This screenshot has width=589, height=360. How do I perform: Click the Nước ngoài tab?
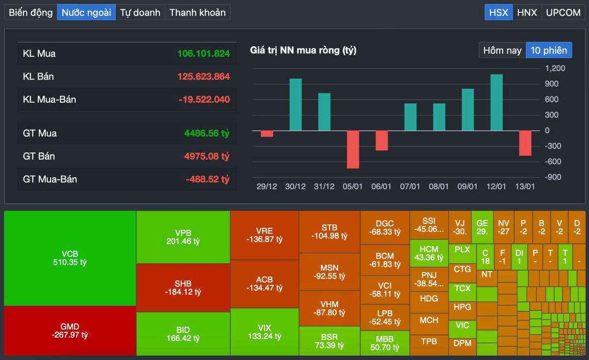pos(86,12)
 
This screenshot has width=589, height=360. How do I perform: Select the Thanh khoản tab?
pos(197,12)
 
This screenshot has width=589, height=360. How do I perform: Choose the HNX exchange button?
pos(527,12)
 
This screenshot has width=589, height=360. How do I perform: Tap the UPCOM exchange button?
pos(563,12)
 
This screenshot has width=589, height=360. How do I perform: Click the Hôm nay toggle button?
pos(502,50)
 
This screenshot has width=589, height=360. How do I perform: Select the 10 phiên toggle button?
pos(549,50)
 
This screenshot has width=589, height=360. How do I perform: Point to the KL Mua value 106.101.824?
pos(204,54)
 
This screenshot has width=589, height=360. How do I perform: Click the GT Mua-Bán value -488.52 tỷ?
pos(208,179)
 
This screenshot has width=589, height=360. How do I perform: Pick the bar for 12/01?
pos(497,102)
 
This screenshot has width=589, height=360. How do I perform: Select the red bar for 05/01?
pos(353,149)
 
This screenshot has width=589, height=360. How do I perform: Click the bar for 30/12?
pos(295,105)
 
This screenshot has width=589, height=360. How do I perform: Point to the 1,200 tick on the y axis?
pos(555,68)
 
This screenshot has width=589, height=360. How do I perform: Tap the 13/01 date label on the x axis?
pos(525,187)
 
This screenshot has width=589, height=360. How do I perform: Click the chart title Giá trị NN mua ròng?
pos(303,50)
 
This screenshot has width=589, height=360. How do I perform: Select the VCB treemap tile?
pos(70,258)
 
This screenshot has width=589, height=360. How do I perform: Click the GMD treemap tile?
pos(70,331)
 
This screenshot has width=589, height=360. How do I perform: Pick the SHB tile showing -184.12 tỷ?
pos(183,288)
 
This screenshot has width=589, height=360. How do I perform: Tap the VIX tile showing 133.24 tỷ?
pos(264,332)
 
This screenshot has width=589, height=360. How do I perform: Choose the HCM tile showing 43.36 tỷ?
pos(428,253)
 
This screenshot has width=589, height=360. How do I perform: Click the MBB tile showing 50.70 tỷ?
pos(385,343)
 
